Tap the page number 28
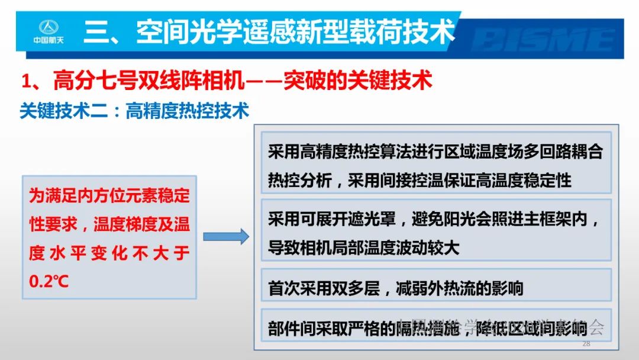point(586,344)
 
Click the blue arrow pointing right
point(226,237)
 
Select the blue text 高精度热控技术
point(187,111)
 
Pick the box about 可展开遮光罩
point(436,230)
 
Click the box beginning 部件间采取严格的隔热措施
point(436,327)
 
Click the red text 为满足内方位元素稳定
point(109,196)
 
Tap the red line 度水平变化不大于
point(109,253)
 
